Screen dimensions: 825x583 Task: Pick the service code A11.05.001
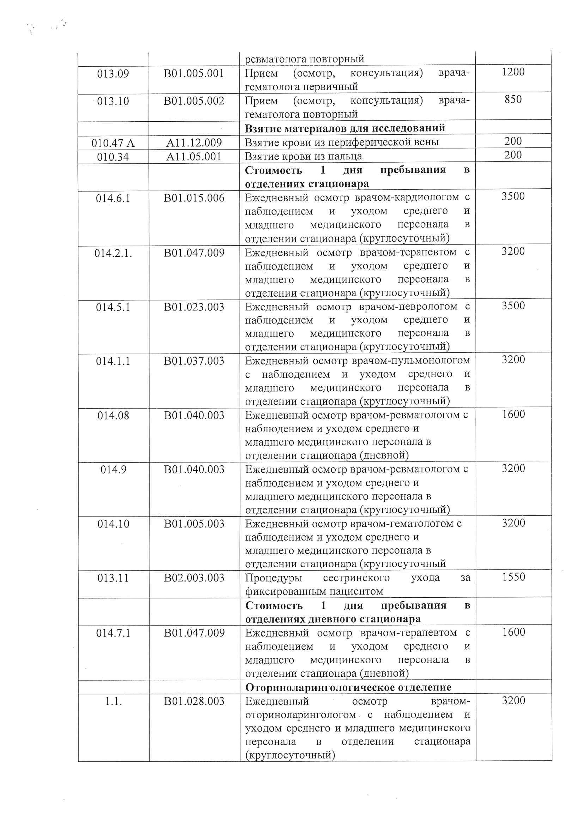(194, 157)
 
